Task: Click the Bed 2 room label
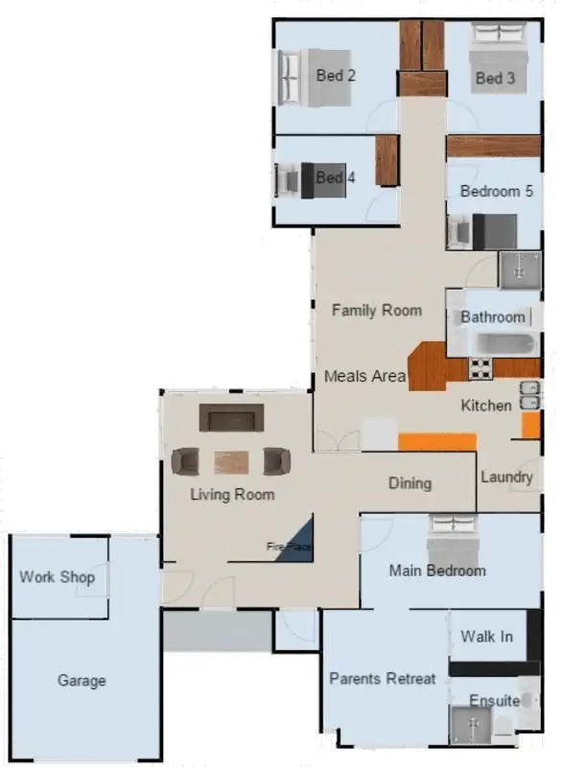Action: tap(336, 75)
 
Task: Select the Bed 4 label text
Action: tap(336, 177)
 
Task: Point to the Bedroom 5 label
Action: tap(496, 192)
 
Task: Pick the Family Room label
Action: tap(376, 310)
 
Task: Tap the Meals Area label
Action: tap(364, 376)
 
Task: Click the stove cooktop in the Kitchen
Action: tap(480, 367)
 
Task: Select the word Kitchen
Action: tap(486, 406)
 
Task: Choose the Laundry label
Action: tap(506, 476)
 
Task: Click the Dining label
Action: tap(410, 483)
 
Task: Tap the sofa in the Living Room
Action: tap(231, 419)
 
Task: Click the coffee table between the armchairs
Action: tap(231, 462)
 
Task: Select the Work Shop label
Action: tap(57, 577)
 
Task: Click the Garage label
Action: tap(82, 681)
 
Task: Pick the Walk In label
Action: tap(486, 637)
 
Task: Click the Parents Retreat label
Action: tap(382, 679)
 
